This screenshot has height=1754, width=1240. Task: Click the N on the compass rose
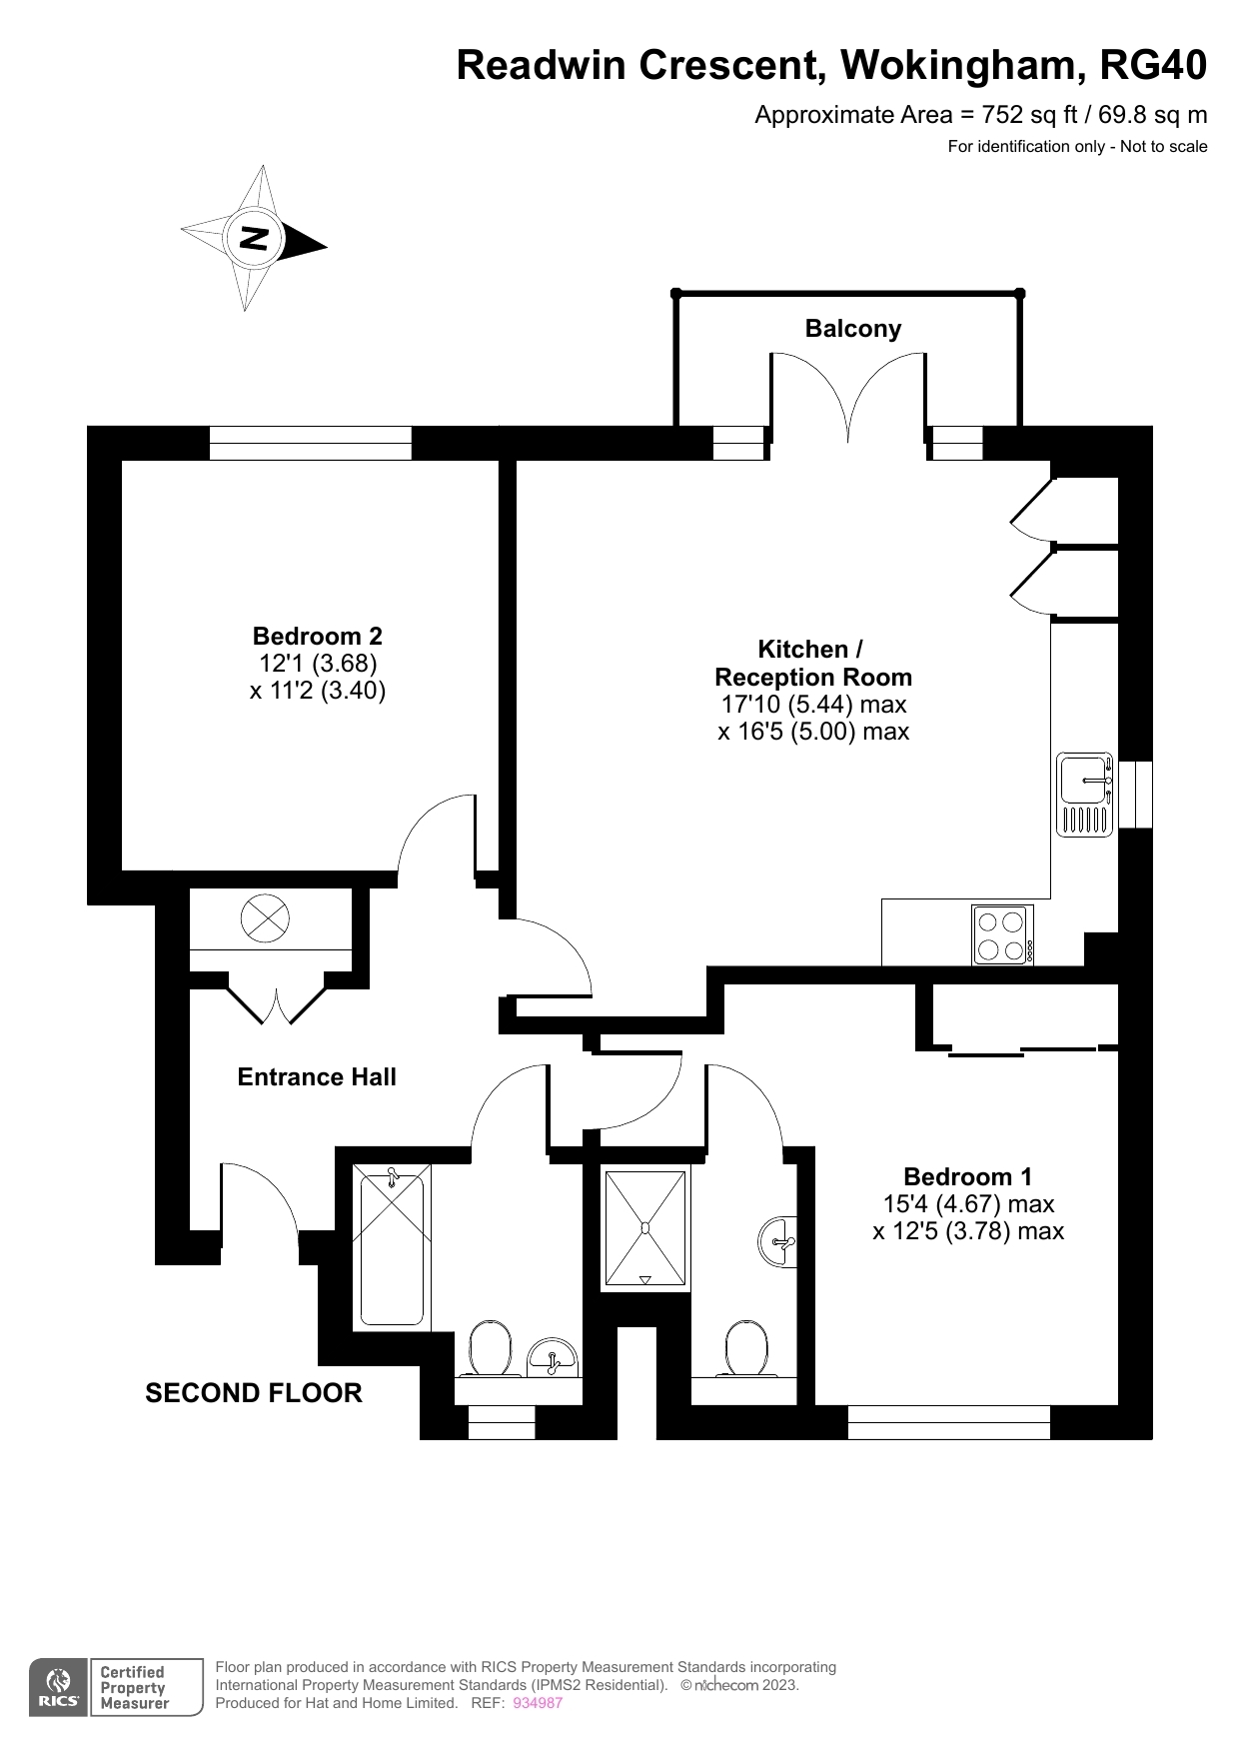tap(256, 238)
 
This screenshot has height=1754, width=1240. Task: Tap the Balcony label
tap(852, 329)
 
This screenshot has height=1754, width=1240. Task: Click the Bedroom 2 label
tap(317, 636)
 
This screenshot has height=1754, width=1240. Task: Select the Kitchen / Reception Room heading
tap(812, 663)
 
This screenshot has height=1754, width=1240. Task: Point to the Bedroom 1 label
tap(967, 1176)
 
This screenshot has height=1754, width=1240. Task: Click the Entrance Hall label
tap(317, 1076)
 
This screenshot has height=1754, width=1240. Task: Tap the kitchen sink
tap(1084, 794)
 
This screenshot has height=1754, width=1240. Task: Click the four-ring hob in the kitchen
tap(1002, 935)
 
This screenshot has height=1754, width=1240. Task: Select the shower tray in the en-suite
tap(645, 1227)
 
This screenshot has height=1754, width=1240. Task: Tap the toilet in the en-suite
tap(746, 1348)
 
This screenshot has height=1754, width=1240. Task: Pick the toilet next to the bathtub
tap(490, 1348)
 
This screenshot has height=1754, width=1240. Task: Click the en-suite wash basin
tap(780, 1243)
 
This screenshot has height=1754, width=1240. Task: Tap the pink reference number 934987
tap(538, 1703)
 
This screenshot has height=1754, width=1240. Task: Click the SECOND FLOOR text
tap(254, 1392)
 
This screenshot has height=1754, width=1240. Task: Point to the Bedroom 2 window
tap(310, 443)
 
